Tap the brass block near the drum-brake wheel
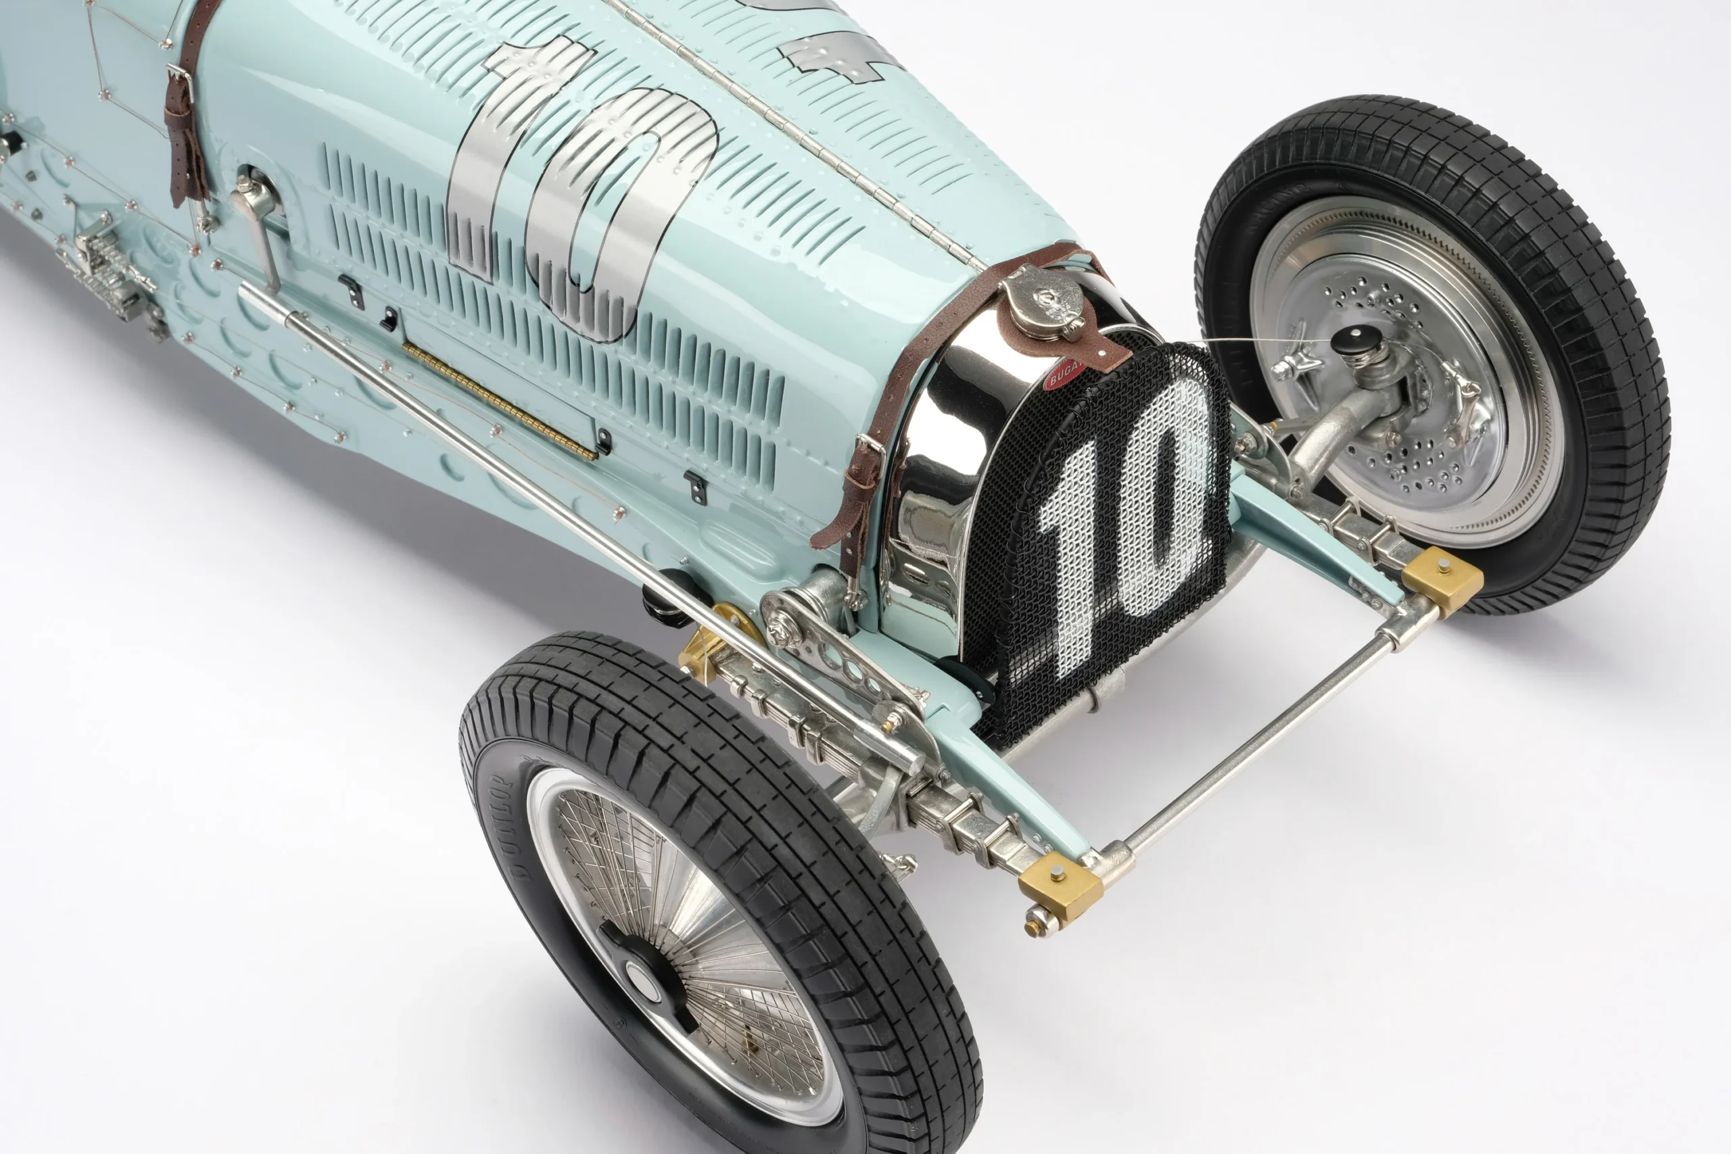pyautogui.click(x=1441, y=580)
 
